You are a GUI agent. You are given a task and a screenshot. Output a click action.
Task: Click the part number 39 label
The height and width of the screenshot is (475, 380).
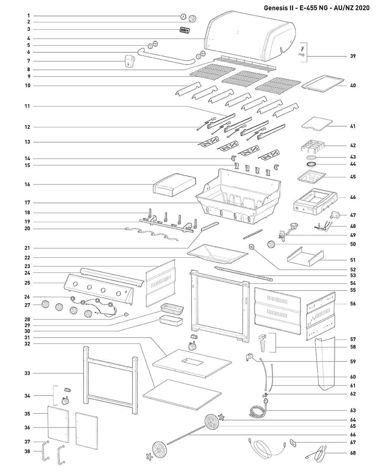pos(353,56)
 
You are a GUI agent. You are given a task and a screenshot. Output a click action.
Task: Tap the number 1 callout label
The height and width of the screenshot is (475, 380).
pos(29,16)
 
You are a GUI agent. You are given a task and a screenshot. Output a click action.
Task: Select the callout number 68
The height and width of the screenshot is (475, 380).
pos(353,453)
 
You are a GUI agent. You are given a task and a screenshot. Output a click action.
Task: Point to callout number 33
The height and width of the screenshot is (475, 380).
pos(27,373)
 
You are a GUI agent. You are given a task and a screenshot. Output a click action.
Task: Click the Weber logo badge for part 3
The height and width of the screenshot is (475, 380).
pos(184,30)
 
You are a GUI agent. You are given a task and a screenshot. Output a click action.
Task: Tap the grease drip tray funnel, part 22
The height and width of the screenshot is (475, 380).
pos(217,254)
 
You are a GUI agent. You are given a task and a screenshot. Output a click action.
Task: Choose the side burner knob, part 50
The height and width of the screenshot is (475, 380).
pos(271,244)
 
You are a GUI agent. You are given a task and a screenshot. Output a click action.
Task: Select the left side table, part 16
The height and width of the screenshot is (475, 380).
pos(174,185)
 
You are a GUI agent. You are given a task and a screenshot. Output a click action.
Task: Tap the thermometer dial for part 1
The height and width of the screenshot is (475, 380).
pos(183,16)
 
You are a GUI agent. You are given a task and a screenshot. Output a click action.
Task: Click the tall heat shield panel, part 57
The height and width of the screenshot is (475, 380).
pos(325,364)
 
